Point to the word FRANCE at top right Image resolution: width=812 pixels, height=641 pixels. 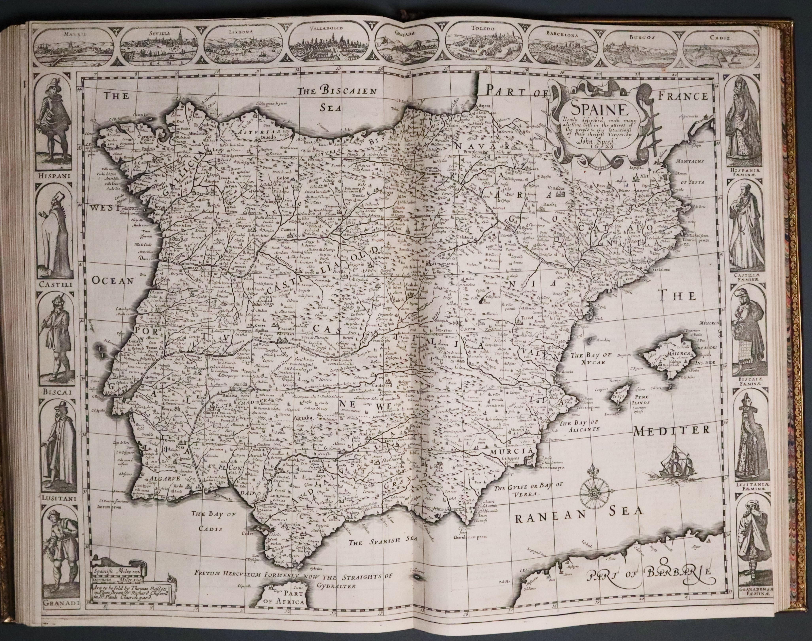pos(682,96)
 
